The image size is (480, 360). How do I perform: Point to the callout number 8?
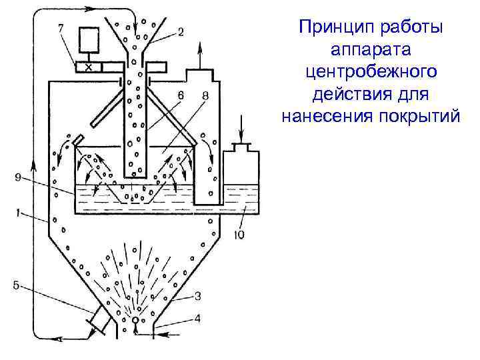[204, 97]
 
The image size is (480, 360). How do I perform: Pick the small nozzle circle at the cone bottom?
[136, 320]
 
